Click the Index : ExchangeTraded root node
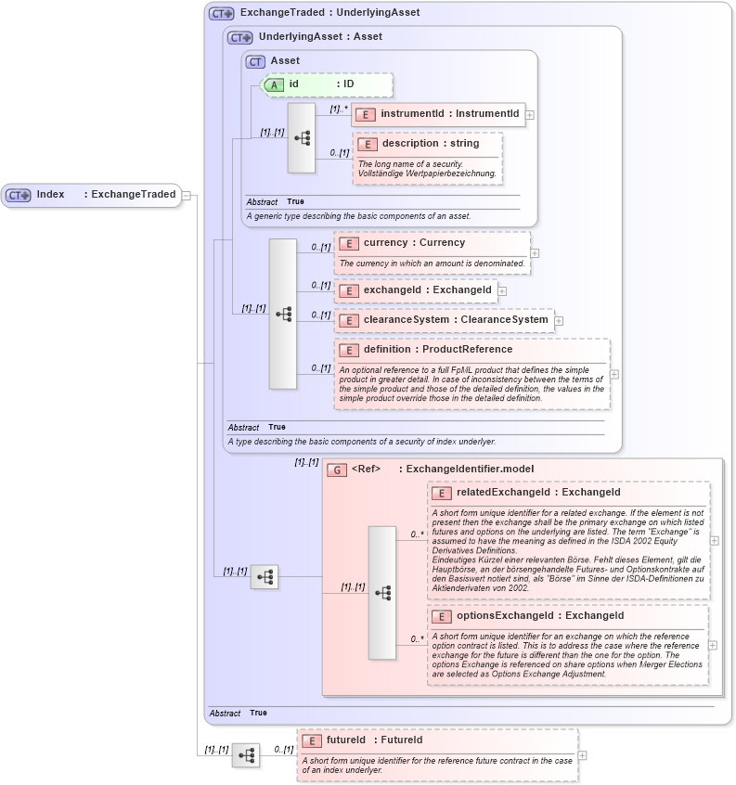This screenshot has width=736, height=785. coord(91,195)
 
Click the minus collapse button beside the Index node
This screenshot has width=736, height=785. coord(187,195)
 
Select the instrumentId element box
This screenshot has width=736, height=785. coord(437,114)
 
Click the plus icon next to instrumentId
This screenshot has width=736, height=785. coord(530,115)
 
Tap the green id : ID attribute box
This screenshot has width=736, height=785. coord(328,84)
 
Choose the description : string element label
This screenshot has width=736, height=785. coord(430,144)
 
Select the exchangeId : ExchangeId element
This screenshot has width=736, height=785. coord(415,290)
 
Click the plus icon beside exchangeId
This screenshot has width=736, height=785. coord(502,291)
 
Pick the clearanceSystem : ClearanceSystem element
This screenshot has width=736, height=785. coord(444,320)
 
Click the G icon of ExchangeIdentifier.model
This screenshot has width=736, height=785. coord(338,470)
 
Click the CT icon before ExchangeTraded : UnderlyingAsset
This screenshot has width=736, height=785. coord(221,13)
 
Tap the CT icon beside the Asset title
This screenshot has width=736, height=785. coord(255,61)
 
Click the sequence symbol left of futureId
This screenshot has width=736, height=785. coord(246,755)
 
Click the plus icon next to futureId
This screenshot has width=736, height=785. coord(582,755)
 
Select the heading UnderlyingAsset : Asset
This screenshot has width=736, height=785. coord(320,37)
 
